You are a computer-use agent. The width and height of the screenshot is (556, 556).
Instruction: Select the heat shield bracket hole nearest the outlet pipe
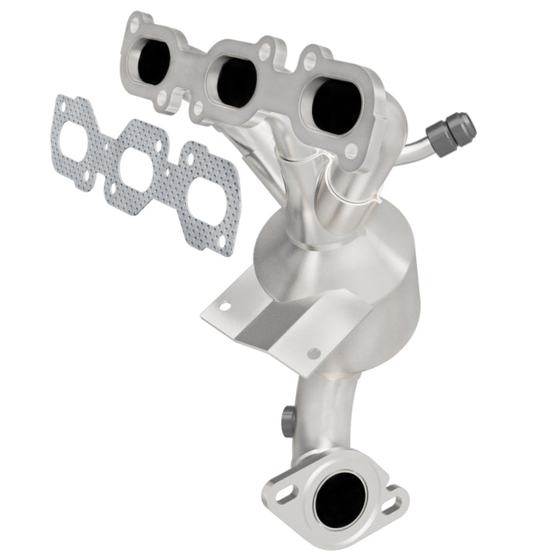313,353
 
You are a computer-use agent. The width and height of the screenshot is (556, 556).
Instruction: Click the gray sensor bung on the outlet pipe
287,417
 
